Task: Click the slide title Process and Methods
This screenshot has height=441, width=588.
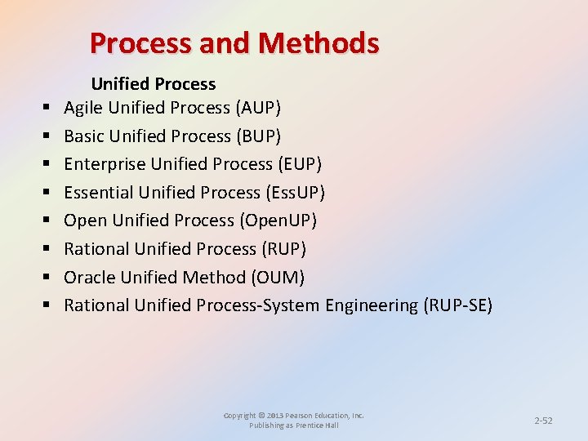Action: coord(234,42)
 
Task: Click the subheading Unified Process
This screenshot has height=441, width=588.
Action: coord(153,84)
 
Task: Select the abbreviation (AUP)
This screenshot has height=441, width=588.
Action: coord(258,108)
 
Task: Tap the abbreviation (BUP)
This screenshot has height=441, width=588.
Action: coord(257,136)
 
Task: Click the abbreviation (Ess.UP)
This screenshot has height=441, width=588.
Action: coord(295,193)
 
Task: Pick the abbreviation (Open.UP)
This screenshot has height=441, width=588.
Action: coord(278,220)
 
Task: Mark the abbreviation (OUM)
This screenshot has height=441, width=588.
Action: coord(278,278)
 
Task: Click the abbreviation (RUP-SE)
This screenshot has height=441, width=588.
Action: coord(457,305)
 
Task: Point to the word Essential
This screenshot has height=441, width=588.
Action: coord(99,193)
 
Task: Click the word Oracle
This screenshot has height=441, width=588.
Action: coord(88,278)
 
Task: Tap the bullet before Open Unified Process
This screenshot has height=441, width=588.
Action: coord(47,221)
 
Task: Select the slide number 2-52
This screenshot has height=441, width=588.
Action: coord(543,421)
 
